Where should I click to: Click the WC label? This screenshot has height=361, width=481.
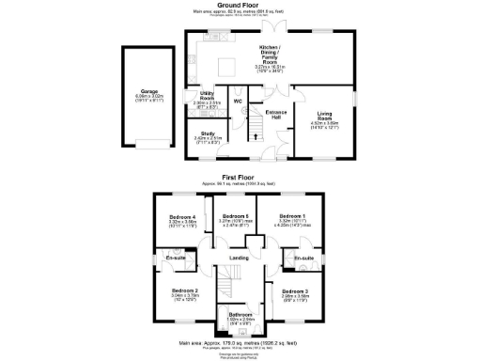pos(238,102)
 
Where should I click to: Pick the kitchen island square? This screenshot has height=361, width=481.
pos(225,67)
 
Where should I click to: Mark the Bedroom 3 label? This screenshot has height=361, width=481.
pos(295,292)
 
